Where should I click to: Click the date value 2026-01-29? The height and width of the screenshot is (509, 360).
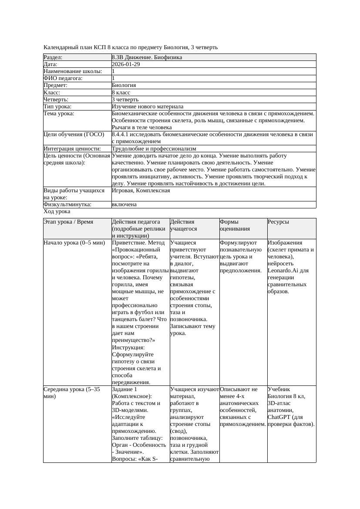[x=126, y=64]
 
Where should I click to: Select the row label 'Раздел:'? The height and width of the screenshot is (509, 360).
[x=53, y=57]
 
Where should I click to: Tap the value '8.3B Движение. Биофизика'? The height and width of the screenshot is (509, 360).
[x=147, y=57]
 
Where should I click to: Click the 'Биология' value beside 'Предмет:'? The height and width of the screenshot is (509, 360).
[x=124, y=85]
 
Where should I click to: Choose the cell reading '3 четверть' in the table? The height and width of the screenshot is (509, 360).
[x=125, y=99]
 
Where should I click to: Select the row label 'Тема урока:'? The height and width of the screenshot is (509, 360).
[x=59, y=114]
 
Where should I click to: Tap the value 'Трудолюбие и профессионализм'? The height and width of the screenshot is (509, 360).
[x=154, y=149]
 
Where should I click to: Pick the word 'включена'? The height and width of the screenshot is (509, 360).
[x=124, y=204]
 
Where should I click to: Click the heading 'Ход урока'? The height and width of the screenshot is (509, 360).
[x=57, y=211]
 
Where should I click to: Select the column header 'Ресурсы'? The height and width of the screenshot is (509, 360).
[x=279, y=222]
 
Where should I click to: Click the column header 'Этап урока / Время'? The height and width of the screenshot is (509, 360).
[x=68, y=222]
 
